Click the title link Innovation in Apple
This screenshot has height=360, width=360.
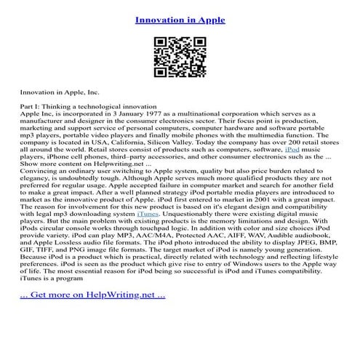(180, 20)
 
